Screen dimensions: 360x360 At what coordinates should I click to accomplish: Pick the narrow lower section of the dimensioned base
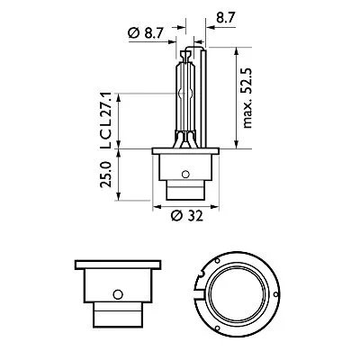(x=184, y=192)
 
